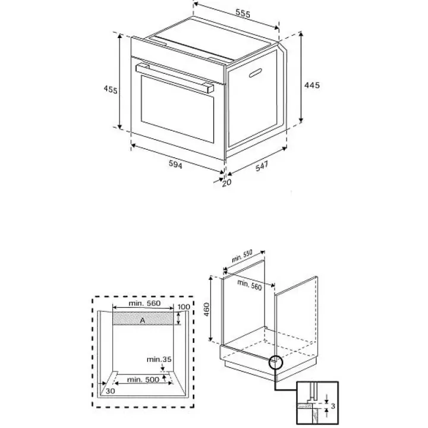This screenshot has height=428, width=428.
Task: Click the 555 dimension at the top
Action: [x=243, y=13]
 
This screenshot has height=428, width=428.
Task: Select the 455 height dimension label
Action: [x=111, y=89]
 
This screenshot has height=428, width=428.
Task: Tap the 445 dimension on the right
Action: [x=311, y=85]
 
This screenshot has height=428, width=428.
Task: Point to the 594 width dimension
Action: [x=175, y=164]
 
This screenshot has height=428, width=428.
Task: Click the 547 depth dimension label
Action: [x=262, y=166]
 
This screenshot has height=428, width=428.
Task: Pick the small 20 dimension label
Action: [x=226, y=182]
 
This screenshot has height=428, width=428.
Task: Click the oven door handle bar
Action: [x=175, y=78]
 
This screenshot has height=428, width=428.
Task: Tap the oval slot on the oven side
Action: [x=255, y=73]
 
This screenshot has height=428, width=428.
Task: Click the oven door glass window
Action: [x=177, y=109]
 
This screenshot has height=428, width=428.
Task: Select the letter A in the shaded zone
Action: [x=143, y=320]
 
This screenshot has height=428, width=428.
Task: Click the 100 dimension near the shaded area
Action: [x=184, y=307]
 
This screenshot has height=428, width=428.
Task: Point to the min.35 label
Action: [x=159, y=359]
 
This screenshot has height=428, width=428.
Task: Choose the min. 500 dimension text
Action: [x=143, y=379]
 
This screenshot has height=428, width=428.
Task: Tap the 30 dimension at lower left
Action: [x=111, y=391]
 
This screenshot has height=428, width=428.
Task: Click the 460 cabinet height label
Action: [x=207, y=309]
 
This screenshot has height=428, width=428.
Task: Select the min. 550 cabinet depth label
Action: [x=242, y=256]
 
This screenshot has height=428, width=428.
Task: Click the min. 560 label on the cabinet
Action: [x=250, y=285]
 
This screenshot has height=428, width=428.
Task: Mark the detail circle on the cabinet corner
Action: [x=276, y=362]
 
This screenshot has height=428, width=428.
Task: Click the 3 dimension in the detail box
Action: [x=333, y=406]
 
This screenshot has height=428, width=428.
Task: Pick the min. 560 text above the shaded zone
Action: [x=144, y=303]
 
